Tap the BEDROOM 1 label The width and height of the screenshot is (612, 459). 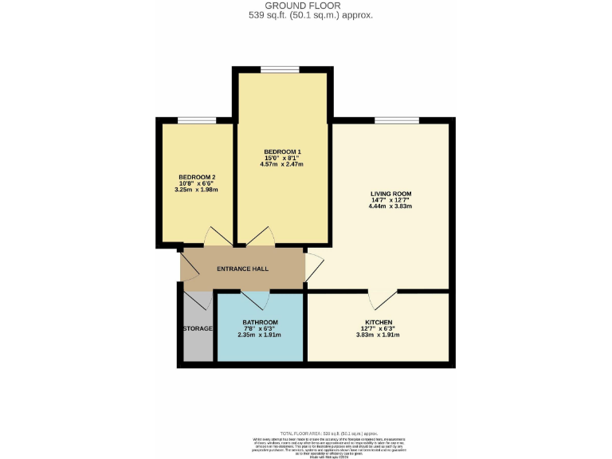tap(283, 151)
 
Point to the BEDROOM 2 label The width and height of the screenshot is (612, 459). tap(197, 177)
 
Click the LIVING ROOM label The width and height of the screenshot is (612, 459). tap(390, 194)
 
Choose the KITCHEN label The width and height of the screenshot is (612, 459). tap(374, 322)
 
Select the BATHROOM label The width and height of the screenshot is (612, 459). tap(260, 322)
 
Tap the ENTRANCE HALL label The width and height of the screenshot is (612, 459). tap(243, 269)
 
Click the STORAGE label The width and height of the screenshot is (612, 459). tap(198, 328)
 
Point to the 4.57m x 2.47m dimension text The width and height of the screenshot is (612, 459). tap(283, 164)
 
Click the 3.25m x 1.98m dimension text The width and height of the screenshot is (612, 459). tap(197, 190)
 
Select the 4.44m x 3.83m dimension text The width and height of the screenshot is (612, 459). tap(390, 206)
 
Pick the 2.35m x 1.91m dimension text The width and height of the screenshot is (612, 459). tap(260, 335)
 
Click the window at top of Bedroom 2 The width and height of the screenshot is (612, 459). tap(197, 120)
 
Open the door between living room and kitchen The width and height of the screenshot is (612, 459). tap(382, 298)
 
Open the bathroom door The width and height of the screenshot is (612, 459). tap(256, 299)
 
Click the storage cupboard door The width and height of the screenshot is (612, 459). tap(198, 300)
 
